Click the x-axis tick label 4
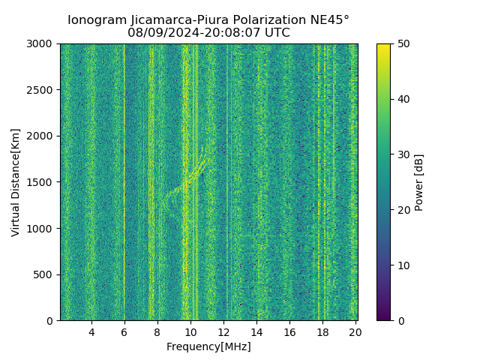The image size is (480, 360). (91, 332)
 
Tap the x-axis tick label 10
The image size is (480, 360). (190, 332)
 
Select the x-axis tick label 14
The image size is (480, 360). (256, 332)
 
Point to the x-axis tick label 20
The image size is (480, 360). (355, 332)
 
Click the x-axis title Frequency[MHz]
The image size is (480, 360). (208, 346)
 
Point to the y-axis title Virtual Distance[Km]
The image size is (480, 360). (16, 182)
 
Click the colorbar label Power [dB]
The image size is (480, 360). (419, 182)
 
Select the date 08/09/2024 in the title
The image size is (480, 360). (158, 33)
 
